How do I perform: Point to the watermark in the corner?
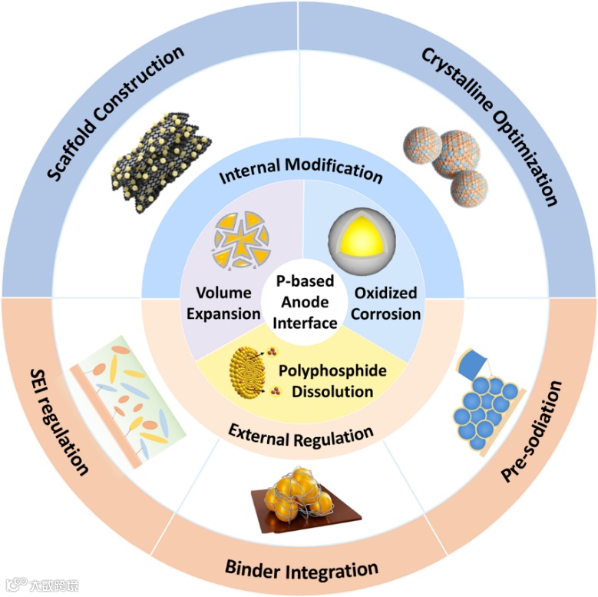42,585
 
